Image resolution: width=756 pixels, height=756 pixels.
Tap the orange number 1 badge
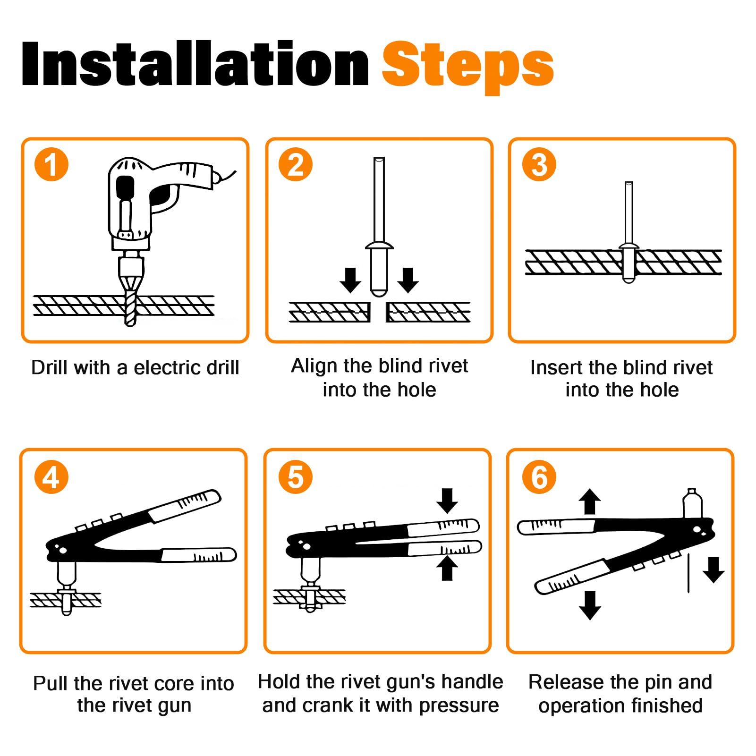(x=51, y=164)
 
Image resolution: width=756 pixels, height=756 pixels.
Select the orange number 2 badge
(x=296, y=164)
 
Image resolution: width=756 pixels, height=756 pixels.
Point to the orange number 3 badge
(x=539, y=164)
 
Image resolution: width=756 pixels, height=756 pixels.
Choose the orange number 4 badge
(x=51, y=477)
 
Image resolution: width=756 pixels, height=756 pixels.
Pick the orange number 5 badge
(x=296, y=477)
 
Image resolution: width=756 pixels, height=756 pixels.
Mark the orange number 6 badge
(x=539, y=477)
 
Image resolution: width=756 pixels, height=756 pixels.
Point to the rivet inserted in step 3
(x=629, y=232)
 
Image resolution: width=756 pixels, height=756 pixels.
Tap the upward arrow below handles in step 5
(x=447, y=568)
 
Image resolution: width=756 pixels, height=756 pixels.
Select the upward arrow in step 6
(x=590, y=501)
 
